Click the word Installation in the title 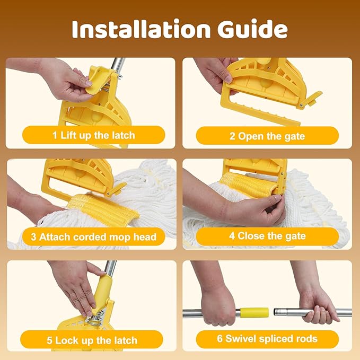pos(141,29)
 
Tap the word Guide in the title pos(252,29)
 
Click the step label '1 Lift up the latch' pos(94,135)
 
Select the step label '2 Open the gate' pos(267,136)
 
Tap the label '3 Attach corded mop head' pos(94,236)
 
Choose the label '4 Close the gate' pos(267,236)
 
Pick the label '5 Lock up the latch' pos(92,340)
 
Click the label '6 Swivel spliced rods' pos(267,339)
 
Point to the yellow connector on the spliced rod pos(254,313)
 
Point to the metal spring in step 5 pos(97,318)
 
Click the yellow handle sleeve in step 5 pos(103,289)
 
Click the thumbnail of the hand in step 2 pos(229,78)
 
